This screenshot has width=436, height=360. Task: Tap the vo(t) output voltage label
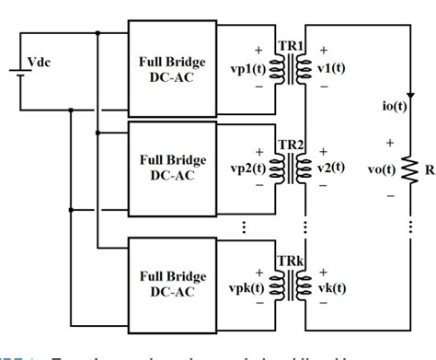click(x=383, y=168)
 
